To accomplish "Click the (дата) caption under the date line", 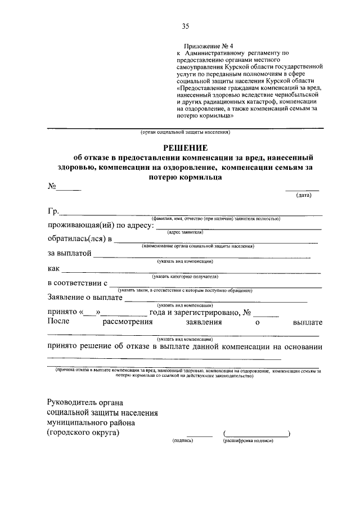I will click(x=304, y=195).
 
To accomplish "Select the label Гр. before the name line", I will click(x=53, y=211).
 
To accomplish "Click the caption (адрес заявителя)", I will click(x=185, y=232).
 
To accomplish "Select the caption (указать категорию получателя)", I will click(x=185, y=276).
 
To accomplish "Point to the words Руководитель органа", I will click(x=85, y=402).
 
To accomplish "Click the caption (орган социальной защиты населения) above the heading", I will click(x=185, y=133).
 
